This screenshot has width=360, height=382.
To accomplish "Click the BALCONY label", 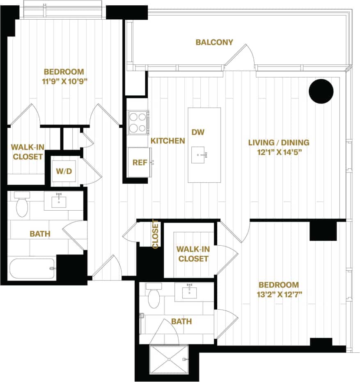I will (214, 42).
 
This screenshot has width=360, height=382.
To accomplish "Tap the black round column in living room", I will (321, 91).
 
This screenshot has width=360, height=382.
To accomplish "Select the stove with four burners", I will (138, 122).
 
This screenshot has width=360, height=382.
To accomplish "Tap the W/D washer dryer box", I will (64, 170).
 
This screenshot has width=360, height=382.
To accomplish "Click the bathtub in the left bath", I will (32, 268).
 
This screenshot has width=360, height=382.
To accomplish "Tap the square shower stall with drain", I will (169, 359).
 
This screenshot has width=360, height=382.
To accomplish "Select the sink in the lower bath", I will (189, 292).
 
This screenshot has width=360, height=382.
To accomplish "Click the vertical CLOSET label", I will (156, 234).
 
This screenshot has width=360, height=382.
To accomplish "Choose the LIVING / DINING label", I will (279, 143).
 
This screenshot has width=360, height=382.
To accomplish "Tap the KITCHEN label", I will (167, 141).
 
